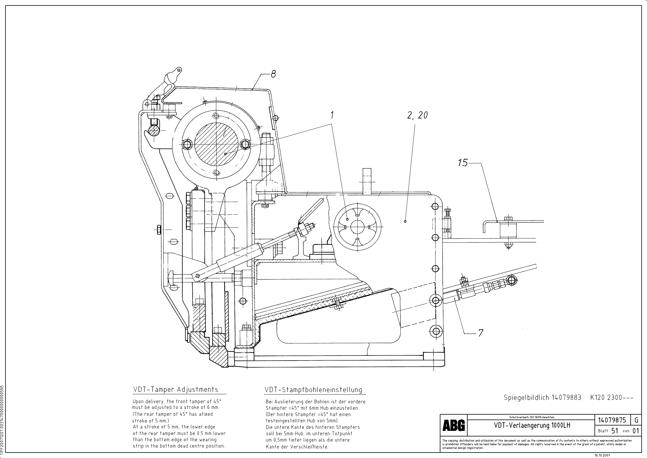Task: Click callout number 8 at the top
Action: (x=273, y=74)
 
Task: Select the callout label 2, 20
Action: (x=417, y=115)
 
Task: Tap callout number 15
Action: (x=463, y=163)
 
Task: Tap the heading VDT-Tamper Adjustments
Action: (x=176, y=390)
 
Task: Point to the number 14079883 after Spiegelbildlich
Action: (x=566, y=398)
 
